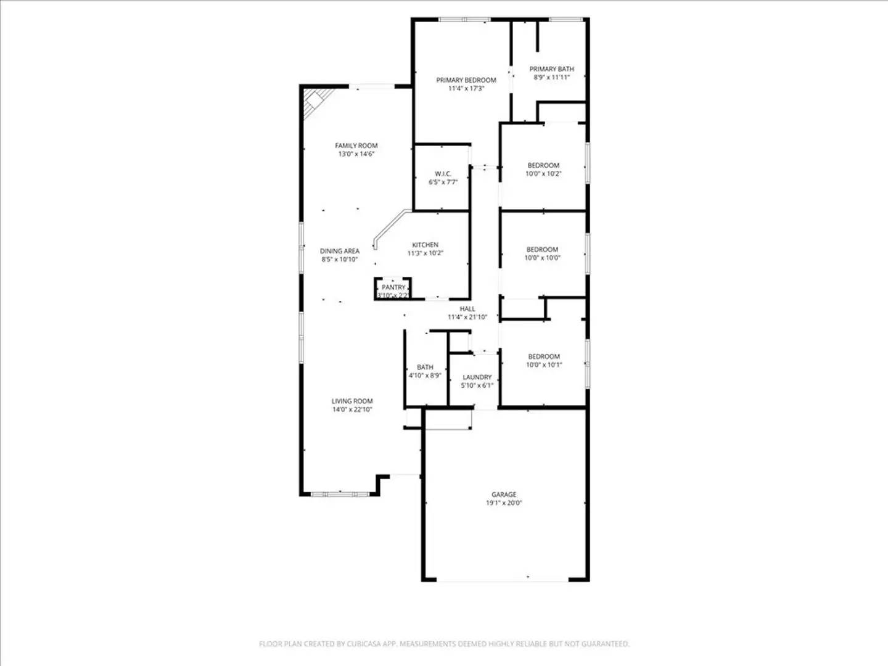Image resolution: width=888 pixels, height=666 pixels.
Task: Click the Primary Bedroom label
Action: (466, 80)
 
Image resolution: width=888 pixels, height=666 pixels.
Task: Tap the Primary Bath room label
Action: (551, 69)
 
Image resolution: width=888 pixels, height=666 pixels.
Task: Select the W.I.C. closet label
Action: (443, 174)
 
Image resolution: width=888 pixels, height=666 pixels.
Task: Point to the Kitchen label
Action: (425, 245)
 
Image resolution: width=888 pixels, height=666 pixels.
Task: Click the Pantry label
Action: (393, 287)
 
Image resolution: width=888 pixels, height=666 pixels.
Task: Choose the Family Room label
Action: (356, 146)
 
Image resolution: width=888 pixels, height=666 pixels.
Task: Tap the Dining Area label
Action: (339, 251)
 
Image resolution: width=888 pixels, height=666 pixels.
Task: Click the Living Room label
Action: (352, 401)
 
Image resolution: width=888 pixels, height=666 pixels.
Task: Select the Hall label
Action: (467, 309)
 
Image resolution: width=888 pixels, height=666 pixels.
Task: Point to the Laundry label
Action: (477, 377)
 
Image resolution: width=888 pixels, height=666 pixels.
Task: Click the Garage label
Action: (504, 495)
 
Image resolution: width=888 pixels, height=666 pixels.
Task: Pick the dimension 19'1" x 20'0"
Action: (504, 503)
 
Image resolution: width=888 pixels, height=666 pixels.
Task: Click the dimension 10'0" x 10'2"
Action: (543, 174)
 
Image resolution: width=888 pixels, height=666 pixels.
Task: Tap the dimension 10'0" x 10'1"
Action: (544, 365)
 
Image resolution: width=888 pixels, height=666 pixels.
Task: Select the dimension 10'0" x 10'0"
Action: (543, 258)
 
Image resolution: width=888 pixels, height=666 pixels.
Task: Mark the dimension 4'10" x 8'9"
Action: (425, 376)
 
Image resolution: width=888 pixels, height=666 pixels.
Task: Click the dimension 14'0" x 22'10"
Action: (352, 409)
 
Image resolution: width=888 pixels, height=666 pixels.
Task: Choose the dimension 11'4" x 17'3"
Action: (466, 89)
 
